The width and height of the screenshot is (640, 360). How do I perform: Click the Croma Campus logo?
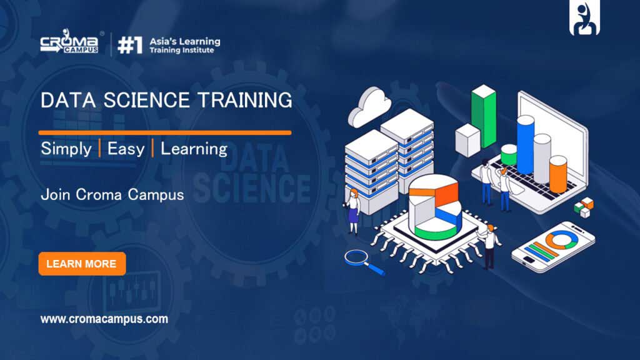[x=69, y=41]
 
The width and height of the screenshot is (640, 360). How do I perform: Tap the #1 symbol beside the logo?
[x=130, y=45]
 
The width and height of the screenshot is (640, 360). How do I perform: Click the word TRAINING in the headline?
[x=245, y=101]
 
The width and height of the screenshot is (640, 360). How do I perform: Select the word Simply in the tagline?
[x=66, y=149]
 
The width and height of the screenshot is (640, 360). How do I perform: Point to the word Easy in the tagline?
[x=126, y=149]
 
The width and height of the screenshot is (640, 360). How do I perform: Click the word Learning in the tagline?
[x=194, y=149]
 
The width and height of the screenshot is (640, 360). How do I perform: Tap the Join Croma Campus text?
[x=112, y=195]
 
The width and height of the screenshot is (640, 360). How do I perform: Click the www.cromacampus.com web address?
[x=104, y=319]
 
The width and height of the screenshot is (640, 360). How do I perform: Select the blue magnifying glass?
[x=363, y=262]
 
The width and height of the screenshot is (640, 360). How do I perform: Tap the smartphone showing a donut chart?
[x=553, y=247]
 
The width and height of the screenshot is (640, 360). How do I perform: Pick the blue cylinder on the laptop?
[x=525, y=144]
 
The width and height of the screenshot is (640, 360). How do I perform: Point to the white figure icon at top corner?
[x=584, y=18]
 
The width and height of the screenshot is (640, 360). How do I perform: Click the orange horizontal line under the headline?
[x=165, y=132]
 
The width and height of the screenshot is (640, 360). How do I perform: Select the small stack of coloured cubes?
[x=584, y=207]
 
